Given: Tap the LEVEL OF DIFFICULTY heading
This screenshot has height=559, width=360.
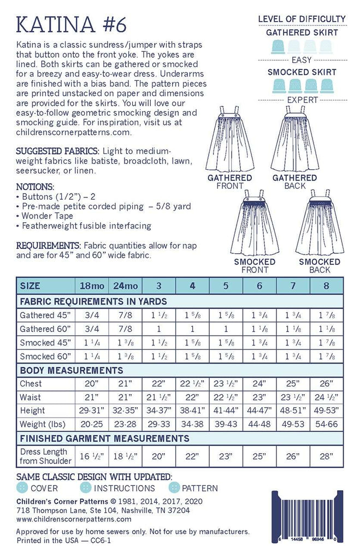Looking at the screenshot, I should coord(302,19).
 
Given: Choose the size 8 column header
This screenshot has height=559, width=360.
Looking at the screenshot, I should coord(326,286).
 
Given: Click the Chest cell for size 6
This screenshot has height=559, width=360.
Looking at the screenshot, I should coord(259,384).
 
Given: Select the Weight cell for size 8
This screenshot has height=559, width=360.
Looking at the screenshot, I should coord(326,424).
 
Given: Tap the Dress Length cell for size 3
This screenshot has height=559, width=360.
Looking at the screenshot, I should coord(158,456).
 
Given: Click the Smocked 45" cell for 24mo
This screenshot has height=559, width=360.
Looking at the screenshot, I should coord(126,342).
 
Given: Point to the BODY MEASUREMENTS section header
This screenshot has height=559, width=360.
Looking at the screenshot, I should coord(71,370).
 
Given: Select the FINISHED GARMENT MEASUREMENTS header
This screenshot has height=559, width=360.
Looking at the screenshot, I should coord(104,438).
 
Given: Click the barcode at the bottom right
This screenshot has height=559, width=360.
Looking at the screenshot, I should coord(309,515).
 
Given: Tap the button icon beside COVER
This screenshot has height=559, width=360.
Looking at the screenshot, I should coord(23,487).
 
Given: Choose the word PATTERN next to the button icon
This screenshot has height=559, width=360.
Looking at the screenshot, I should coord(199,488).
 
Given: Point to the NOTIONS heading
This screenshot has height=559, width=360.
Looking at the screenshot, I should coord(35,186).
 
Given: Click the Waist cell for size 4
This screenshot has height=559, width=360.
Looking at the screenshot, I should coord(192,397).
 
